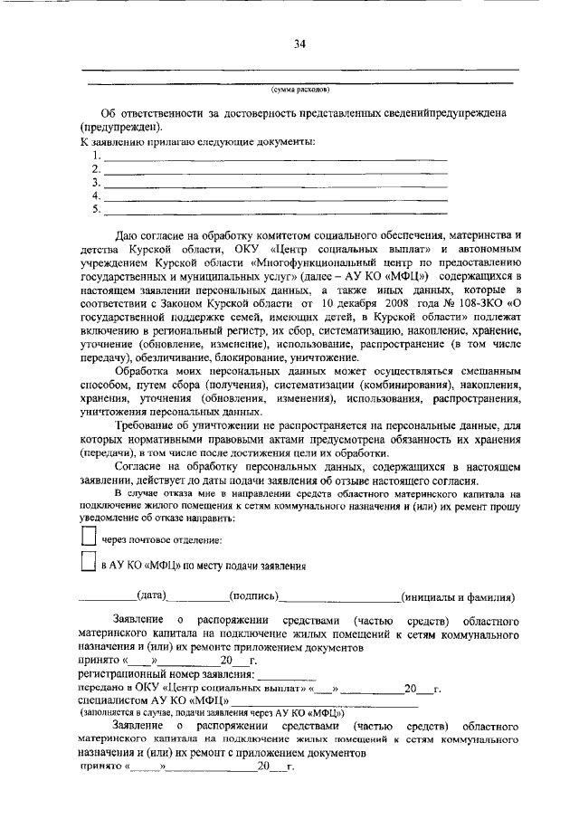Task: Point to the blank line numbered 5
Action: (x=276, y=208)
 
